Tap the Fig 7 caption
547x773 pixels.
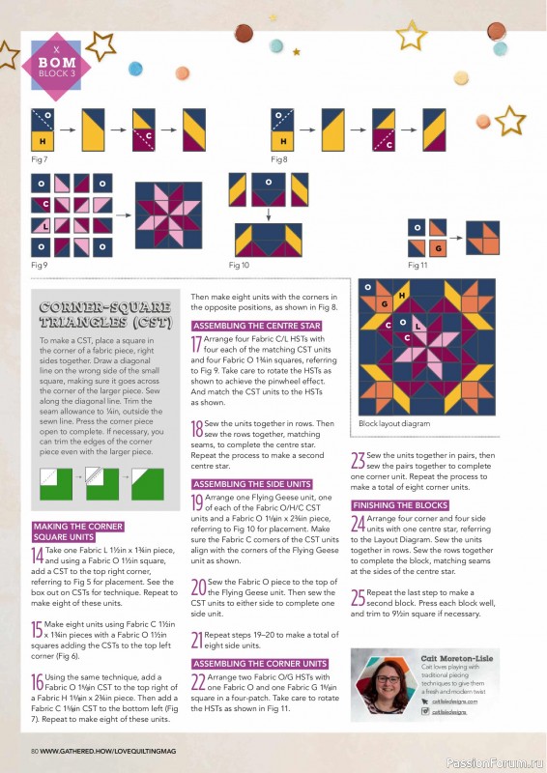pos(40,157)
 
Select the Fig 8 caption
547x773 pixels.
pos(279,157)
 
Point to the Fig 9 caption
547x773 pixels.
pos(40,264)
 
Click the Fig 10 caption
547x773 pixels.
pos(239,264)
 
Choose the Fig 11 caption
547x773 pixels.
pos(417,264)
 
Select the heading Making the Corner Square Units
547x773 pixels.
pos(77,530)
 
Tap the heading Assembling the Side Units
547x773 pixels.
pos(253,483)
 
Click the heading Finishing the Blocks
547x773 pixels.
pos(399,505)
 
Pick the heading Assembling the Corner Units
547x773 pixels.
pos(259,664)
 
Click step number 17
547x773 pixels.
pos(197,345)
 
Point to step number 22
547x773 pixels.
pos(198,682)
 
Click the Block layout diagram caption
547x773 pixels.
pos(394,423)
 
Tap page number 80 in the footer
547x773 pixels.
pos(34,750)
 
